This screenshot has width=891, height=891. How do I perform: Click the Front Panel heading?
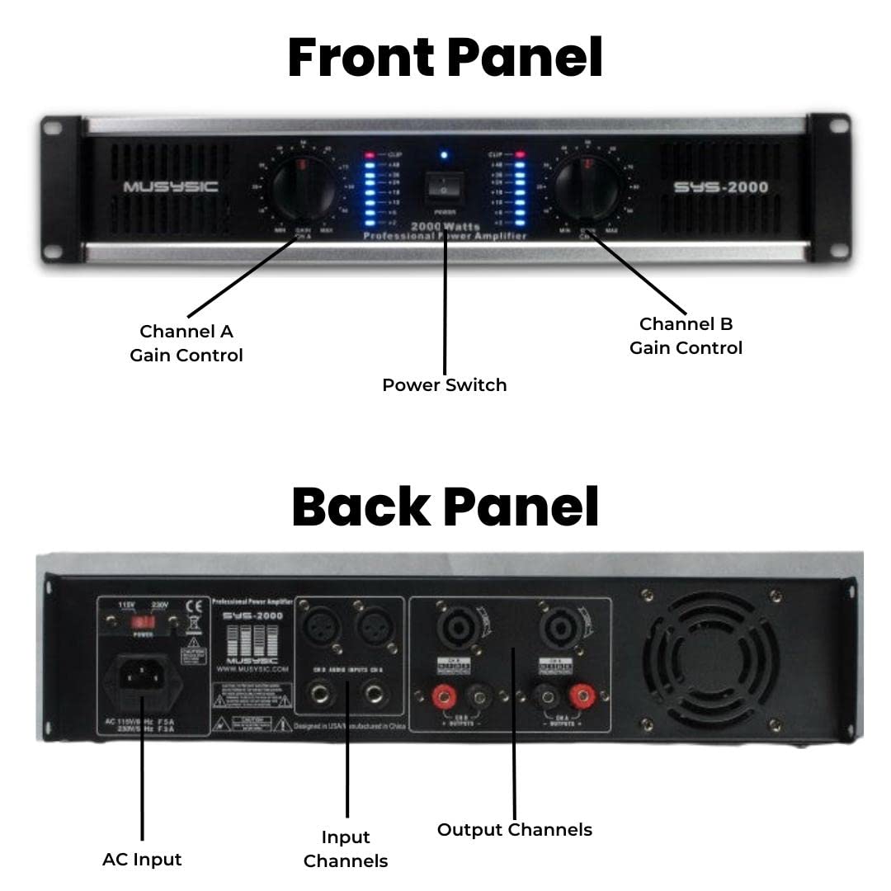(x=445, y=58)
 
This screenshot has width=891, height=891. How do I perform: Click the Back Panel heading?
(x=445, y=507)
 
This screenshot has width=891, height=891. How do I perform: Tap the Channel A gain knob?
(x=303, y=187)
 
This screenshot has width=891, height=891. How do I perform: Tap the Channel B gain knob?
(x=587, y=187)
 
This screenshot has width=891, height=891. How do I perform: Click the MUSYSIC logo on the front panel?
(x=171, y=187)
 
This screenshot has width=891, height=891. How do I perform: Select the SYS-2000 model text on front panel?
(x=720, y=187)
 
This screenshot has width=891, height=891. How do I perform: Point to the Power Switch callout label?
(x=444, y=385)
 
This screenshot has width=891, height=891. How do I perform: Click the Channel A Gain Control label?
(x=186, y=343)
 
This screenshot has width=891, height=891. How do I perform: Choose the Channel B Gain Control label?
(x=686, y=336)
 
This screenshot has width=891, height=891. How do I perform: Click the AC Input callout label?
(x=142, y=859)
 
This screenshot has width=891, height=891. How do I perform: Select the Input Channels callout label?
(x=345, y=849)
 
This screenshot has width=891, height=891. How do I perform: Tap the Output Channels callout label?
(x=514, y=829)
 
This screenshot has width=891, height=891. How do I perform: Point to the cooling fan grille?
(x=710, y=659)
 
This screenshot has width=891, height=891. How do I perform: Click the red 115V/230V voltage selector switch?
(x=144, y=620)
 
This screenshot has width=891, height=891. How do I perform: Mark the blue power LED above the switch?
(x=444, y=154)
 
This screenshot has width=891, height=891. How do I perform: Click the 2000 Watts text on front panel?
(x=445, y=226)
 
